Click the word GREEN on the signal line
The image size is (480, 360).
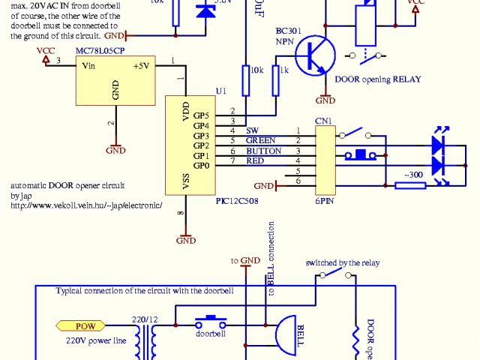260,140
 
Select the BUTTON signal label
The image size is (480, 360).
263,151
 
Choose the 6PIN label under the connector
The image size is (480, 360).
325,200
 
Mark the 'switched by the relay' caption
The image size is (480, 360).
343,262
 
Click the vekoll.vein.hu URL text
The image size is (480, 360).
86,203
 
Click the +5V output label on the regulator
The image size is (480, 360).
140,65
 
